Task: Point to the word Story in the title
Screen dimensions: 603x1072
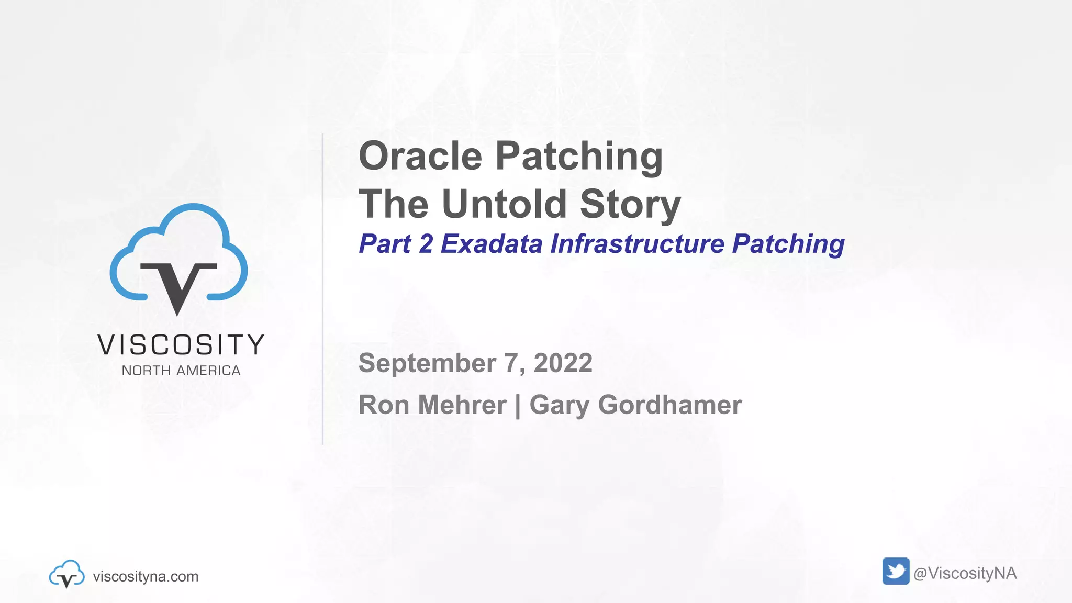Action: tap(630, 205)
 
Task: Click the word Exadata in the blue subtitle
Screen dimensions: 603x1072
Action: tap(492, 244)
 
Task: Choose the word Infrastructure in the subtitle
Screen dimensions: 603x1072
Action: tap(638, 244)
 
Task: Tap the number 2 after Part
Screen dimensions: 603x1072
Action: tap(426, 244)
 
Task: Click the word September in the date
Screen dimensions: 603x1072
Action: tap(427, 363)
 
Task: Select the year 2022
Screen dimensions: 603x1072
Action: tap(563, 363)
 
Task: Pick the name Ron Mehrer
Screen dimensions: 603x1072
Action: tap(432, 405)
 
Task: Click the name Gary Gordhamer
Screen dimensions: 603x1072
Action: tap(635, 405)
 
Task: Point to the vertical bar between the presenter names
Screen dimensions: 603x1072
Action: tap(518, 406)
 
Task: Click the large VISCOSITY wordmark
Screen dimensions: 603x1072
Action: tap(181, 345)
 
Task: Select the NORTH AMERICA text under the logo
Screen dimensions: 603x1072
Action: tap(181, 371)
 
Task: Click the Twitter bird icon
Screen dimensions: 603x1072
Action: tap(896, 571)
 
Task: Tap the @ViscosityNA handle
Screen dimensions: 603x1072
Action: tap(965, 573)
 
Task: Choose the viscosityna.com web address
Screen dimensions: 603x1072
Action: tap(146, 576)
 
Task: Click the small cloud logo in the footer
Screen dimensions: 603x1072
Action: tap(66, 574)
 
